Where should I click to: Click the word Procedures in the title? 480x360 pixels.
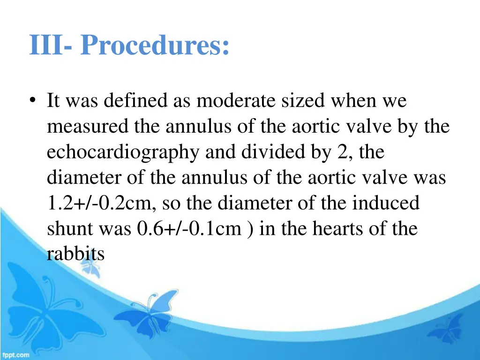[155, 46]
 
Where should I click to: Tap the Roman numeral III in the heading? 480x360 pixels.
[45, 46]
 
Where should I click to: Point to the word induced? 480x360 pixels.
[386, 203]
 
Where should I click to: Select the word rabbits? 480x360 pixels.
[75, 254]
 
